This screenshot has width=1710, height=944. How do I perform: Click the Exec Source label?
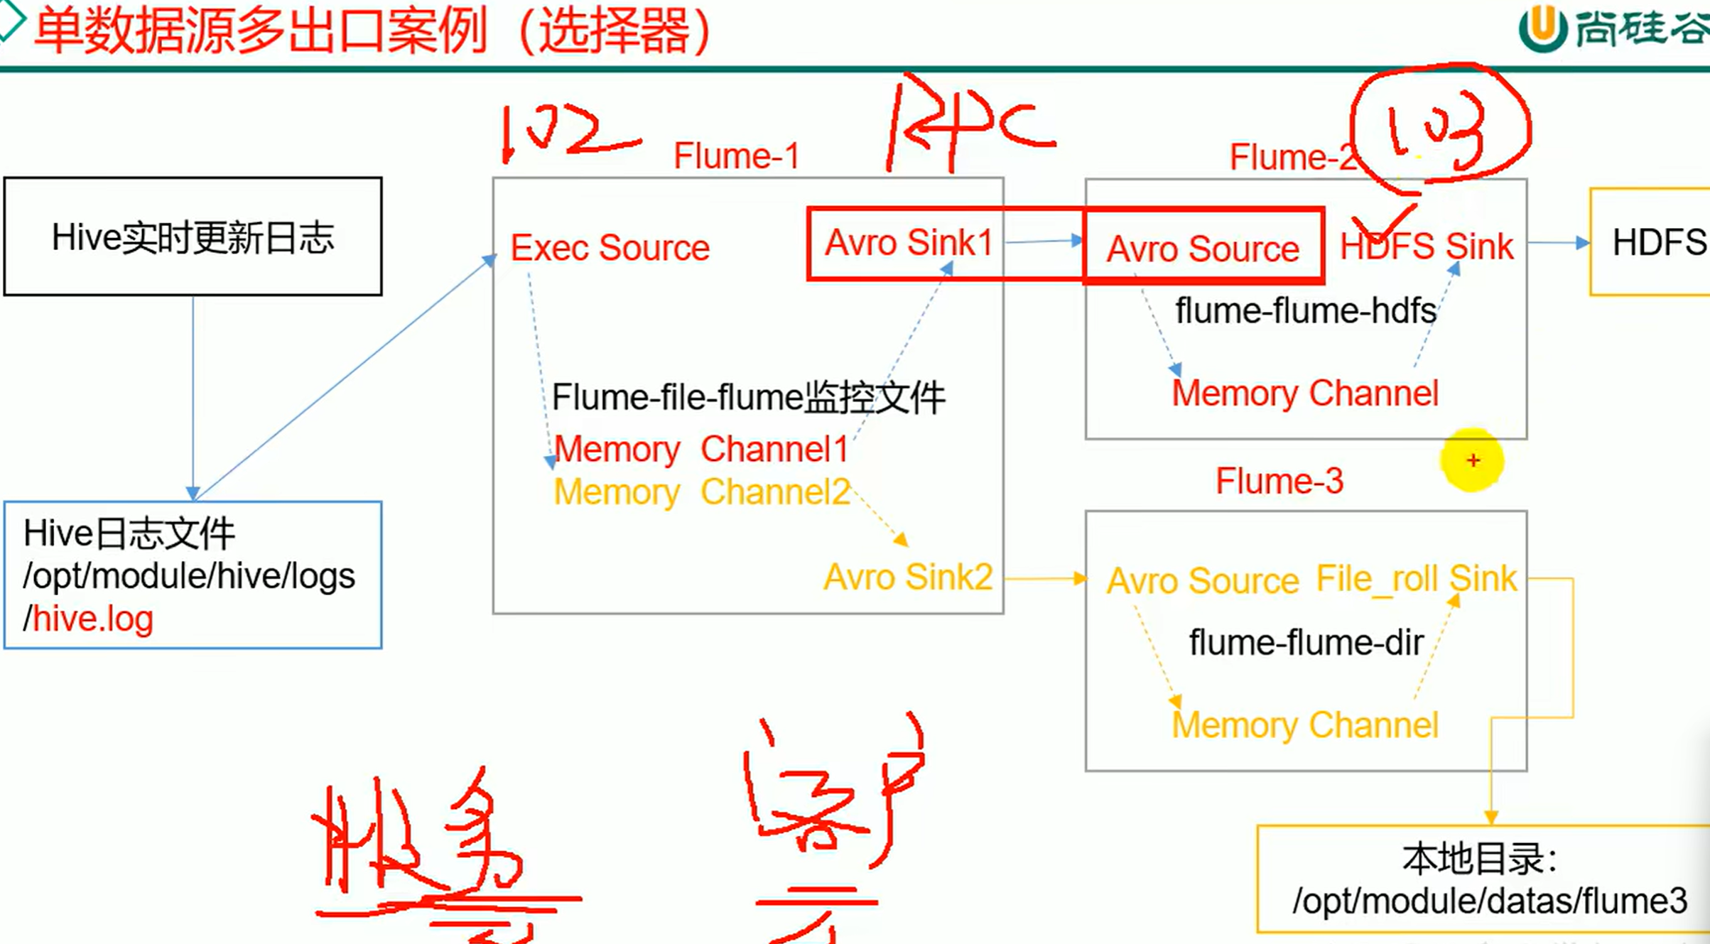(610, 248)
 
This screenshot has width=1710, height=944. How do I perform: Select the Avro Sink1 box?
(909, 243)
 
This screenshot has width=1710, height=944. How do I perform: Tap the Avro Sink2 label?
(908, 577)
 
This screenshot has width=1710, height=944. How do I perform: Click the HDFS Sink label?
(1426, 246)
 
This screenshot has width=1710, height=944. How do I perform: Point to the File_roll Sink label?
(1416, 578)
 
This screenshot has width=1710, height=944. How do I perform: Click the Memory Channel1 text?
(700, 449)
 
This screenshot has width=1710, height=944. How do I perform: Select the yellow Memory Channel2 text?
(700, 492)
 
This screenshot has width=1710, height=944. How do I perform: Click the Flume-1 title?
(736, 156)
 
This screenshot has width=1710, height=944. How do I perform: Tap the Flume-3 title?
(1279, 481)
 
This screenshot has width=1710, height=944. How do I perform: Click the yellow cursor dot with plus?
(1473, 460)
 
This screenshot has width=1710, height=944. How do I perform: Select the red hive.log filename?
(92, 619)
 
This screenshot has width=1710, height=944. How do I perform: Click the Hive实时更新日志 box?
(193, 237)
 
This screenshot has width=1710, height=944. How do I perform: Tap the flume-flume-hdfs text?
(1305, 310)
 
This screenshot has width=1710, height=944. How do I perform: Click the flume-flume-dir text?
(1306, 643)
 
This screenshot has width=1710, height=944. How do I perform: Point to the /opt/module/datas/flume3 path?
(1489, 901)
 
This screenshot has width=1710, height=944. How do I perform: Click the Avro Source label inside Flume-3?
(1202, 581)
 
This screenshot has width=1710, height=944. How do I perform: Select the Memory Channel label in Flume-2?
(1305, 393)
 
